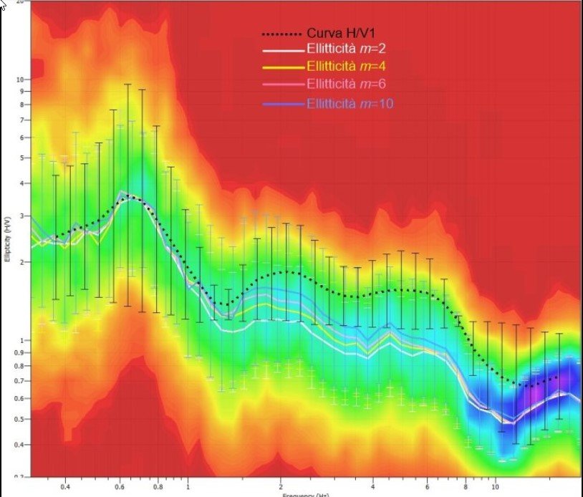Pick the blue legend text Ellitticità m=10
point(350,104)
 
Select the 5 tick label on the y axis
point(23,158)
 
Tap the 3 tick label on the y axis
point(23,216)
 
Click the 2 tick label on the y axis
point(23,262)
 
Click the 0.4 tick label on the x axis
point(66,484)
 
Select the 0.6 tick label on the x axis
point(120,484)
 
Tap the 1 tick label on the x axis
point(188,484)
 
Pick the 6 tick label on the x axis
point(427,484)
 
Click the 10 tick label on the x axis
point(495,484)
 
